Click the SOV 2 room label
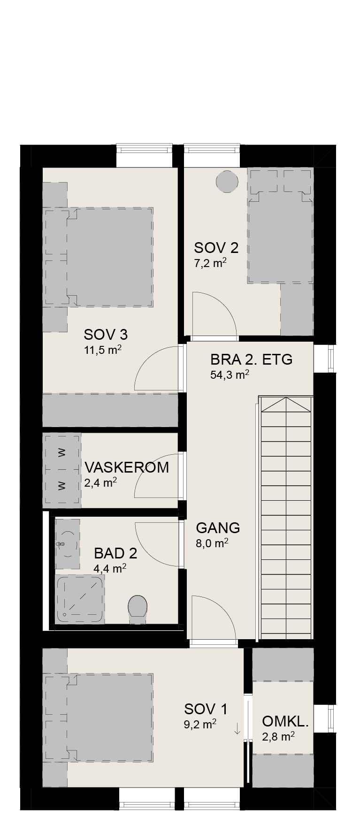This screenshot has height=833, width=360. pyautogui.click(x=216, y=248)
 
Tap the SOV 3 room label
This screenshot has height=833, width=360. pyautogui.click(x=106, y=335)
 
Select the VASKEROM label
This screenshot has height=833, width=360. pyautogui.click(x=127, y=467)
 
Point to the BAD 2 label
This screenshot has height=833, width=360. pyautogui.click(x=115, y=553)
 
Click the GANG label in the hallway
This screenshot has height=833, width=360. pyautogui.click(x=218, y=528)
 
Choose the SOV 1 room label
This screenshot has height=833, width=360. pyautogui.click(x=206, y=709)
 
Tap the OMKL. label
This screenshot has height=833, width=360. pyautogui.click(x=285, y=721)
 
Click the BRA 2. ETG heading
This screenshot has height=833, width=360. pyautogui.click(x=252, y=359)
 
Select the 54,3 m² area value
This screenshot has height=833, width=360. pyautogui.click(x=230, y=374)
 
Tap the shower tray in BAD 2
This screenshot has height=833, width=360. pyautogui.click(x=80, y=599)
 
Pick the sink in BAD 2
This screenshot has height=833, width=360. pyautogui.click(x=67, y=544)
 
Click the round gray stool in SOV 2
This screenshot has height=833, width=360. pyautogui.click(x=226, y=182)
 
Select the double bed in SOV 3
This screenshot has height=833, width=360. pyautogui.click(x=99, y=257)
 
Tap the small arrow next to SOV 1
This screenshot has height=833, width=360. pyautogui.click(x=237, y=728)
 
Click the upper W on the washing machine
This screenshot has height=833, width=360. pyautogui.click(x=61, y=453)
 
